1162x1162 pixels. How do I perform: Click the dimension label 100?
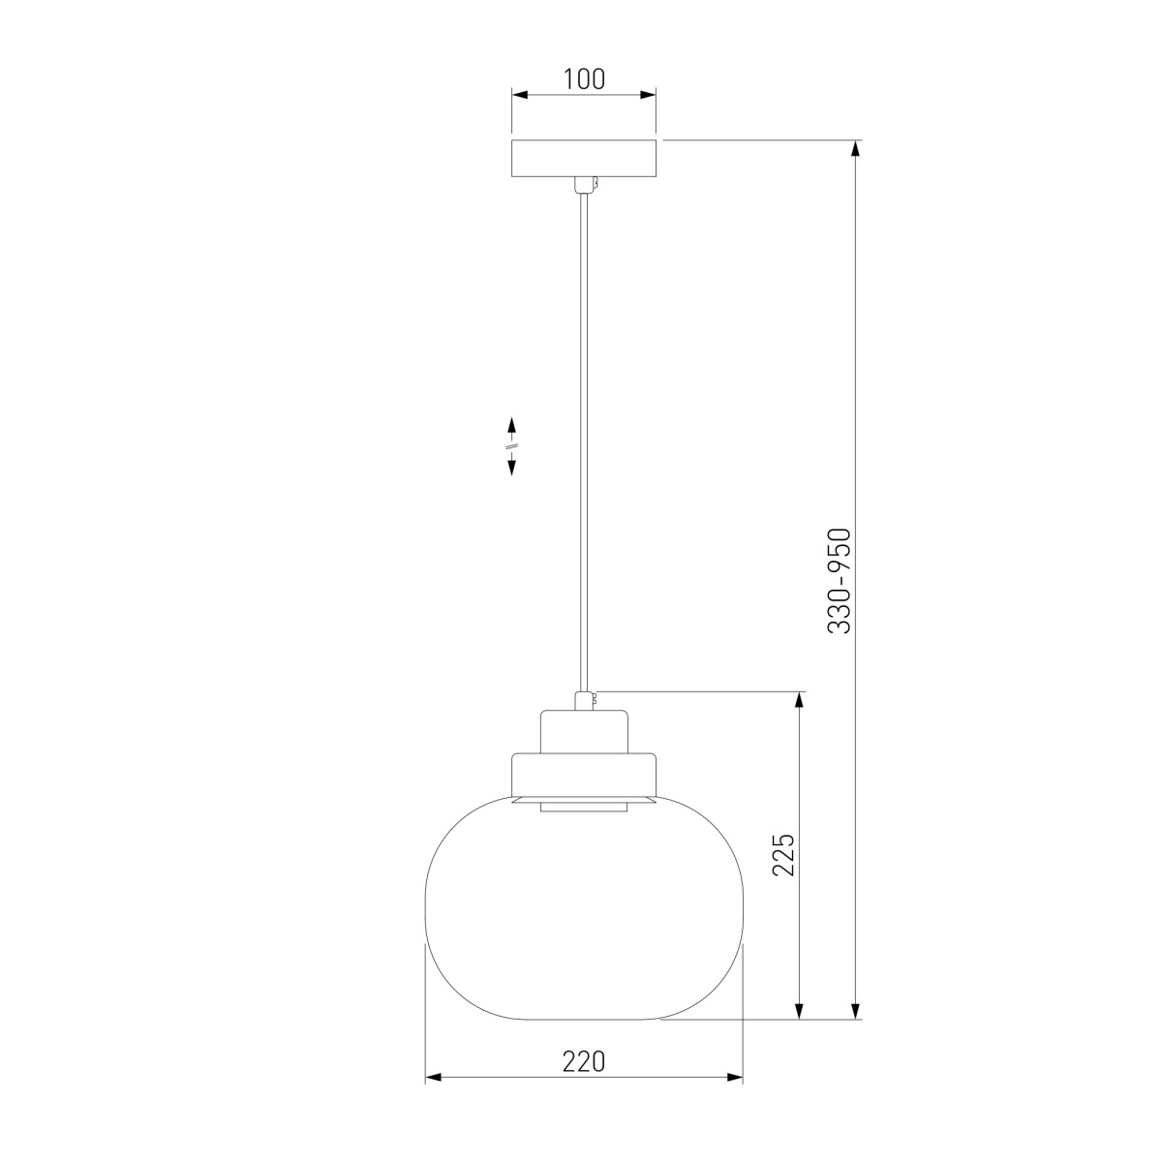pyautogui.click(x=584, y=79)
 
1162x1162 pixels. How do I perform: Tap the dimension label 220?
pyautogui.click(x=584, y=1061)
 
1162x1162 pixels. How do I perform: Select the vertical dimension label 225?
pyautogui.click(x=784, y=854)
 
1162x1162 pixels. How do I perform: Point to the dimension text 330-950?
pyautogui.click(x=839, y=581)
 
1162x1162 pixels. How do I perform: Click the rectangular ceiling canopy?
pyautogui.click(x=584, y=159)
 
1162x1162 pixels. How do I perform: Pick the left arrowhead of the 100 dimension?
pyautogui.click(x=520, y=95)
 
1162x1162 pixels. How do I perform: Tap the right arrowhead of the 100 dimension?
pyautogui.click(x=648, y=95)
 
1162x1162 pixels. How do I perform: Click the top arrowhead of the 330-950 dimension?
pyautogui.click(x=854, y=148)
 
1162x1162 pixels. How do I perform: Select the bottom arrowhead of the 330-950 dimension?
pyautogui.click(x=854, y=1011)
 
